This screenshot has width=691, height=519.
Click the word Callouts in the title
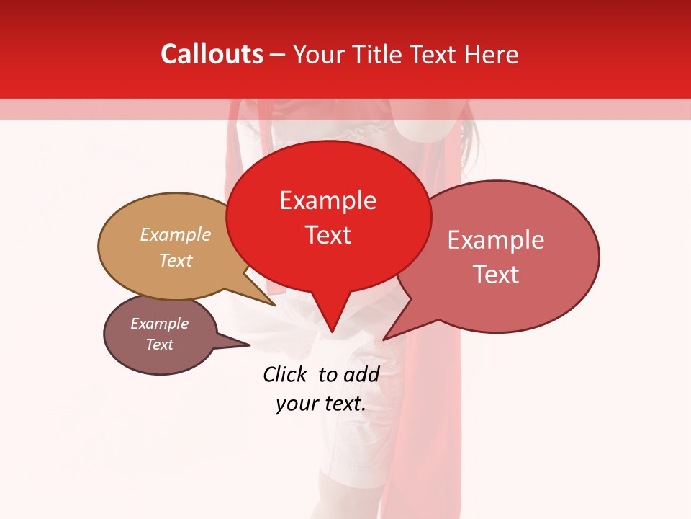(212, 54)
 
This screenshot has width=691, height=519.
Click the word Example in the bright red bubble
(328, 200)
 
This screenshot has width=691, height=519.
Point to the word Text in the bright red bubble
(328, 235)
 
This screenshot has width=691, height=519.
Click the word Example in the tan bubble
(176, 234)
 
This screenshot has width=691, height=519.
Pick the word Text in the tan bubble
(176, 260)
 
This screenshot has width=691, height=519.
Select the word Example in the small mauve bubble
(159, 324)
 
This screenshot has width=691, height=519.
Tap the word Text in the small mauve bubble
(159, 345)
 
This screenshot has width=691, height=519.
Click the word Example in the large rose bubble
(496, 240)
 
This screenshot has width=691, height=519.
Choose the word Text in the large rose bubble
(496, 275)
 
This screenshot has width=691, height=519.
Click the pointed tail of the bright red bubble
(332, 330)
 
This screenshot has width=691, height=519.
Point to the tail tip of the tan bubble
(274, 304)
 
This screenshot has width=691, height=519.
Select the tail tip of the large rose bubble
(385, 339)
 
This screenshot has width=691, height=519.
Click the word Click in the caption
(285, 374)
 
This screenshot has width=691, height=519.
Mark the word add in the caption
(362, 374)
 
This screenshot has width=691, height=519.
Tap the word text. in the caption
(343, 404)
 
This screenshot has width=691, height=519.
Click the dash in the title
(279, 55)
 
